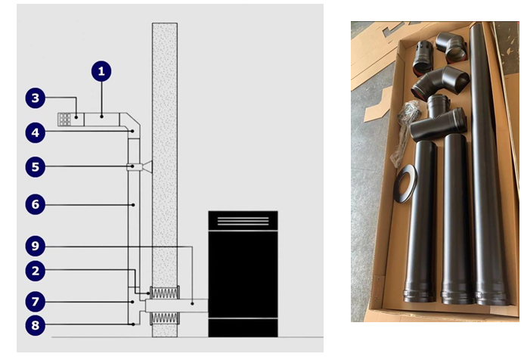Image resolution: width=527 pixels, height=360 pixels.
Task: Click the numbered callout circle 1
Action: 101,71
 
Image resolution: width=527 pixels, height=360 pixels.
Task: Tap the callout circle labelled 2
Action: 36,271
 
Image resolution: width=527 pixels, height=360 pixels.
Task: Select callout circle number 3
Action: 36,98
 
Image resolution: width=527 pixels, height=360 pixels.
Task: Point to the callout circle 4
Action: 36,133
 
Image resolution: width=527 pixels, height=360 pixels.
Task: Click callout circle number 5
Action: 36,167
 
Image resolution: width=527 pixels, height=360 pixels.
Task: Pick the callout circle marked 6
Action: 36,204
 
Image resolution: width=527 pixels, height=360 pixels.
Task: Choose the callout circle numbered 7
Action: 36,302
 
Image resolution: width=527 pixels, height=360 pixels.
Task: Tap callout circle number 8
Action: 36,325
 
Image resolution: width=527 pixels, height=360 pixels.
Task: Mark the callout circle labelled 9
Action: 36,246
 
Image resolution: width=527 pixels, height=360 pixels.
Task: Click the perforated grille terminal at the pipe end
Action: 64,119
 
